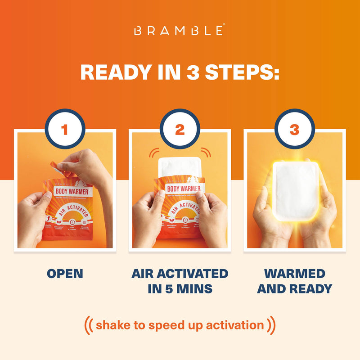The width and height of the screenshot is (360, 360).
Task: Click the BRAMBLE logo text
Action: tap(180, 31)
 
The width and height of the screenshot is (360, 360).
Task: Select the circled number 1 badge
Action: tap(65, 130)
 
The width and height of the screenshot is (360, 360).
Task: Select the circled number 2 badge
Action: tap(180, 130)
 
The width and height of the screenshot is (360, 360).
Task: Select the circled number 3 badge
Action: tap(294, 130)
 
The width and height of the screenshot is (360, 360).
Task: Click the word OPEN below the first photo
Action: tap(65, 274)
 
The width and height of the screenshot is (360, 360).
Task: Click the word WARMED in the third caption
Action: tap(294, 274)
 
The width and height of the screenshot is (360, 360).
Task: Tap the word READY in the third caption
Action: tap(310, 288)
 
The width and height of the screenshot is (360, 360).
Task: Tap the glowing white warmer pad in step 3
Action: tap(294, 191)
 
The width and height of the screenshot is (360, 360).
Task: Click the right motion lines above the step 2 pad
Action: tap(206, 152)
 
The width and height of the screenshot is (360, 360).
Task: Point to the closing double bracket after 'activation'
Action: tap(271, 325)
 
